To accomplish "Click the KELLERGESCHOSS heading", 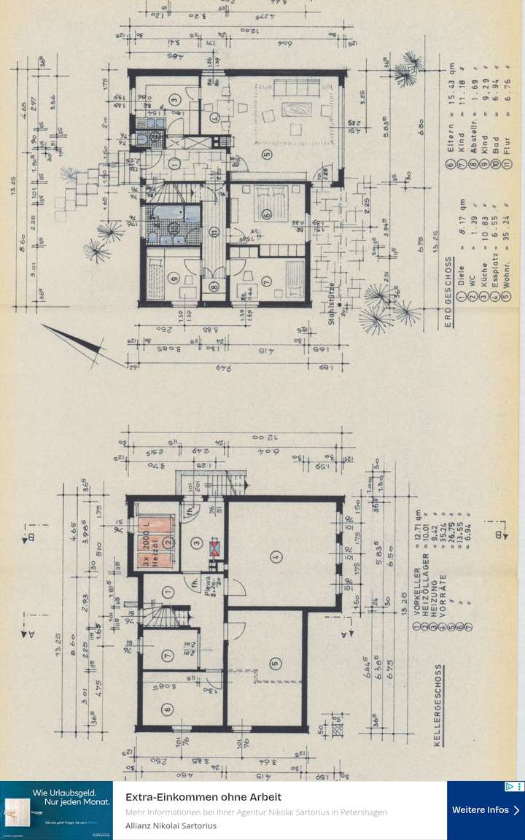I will click(x=438, y=703).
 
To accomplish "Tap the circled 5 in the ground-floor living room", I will click(x=267, y=155).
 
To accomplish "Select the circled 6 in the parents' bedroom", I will click(x=267, y=214).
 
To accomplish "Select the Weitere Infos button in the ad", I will click(x=486, y=810).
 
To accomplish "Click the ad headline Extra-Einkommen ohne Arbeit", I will click(x=203, y=797).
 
